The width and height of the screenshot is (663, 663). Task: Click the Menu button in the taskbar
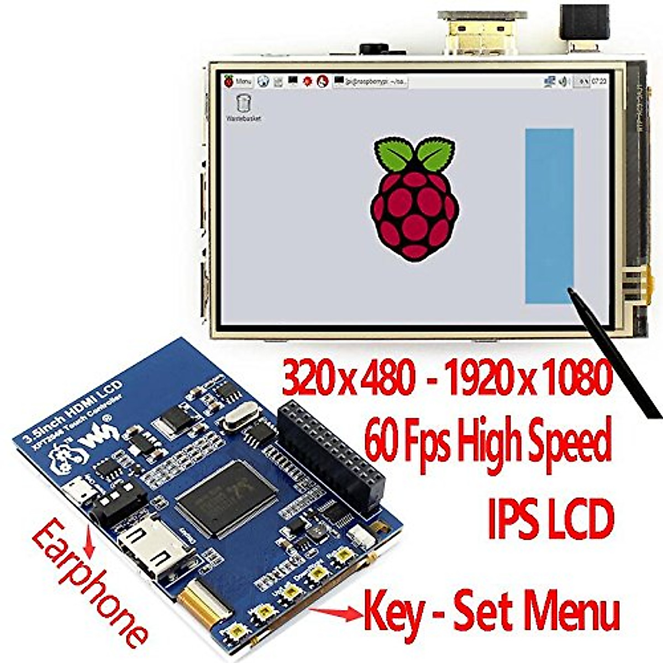[238, 81]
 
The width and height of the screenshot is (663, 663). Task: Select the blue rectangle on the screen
[549, 216]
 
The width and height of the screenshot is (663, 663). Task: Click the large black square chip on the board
[227, 497]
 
